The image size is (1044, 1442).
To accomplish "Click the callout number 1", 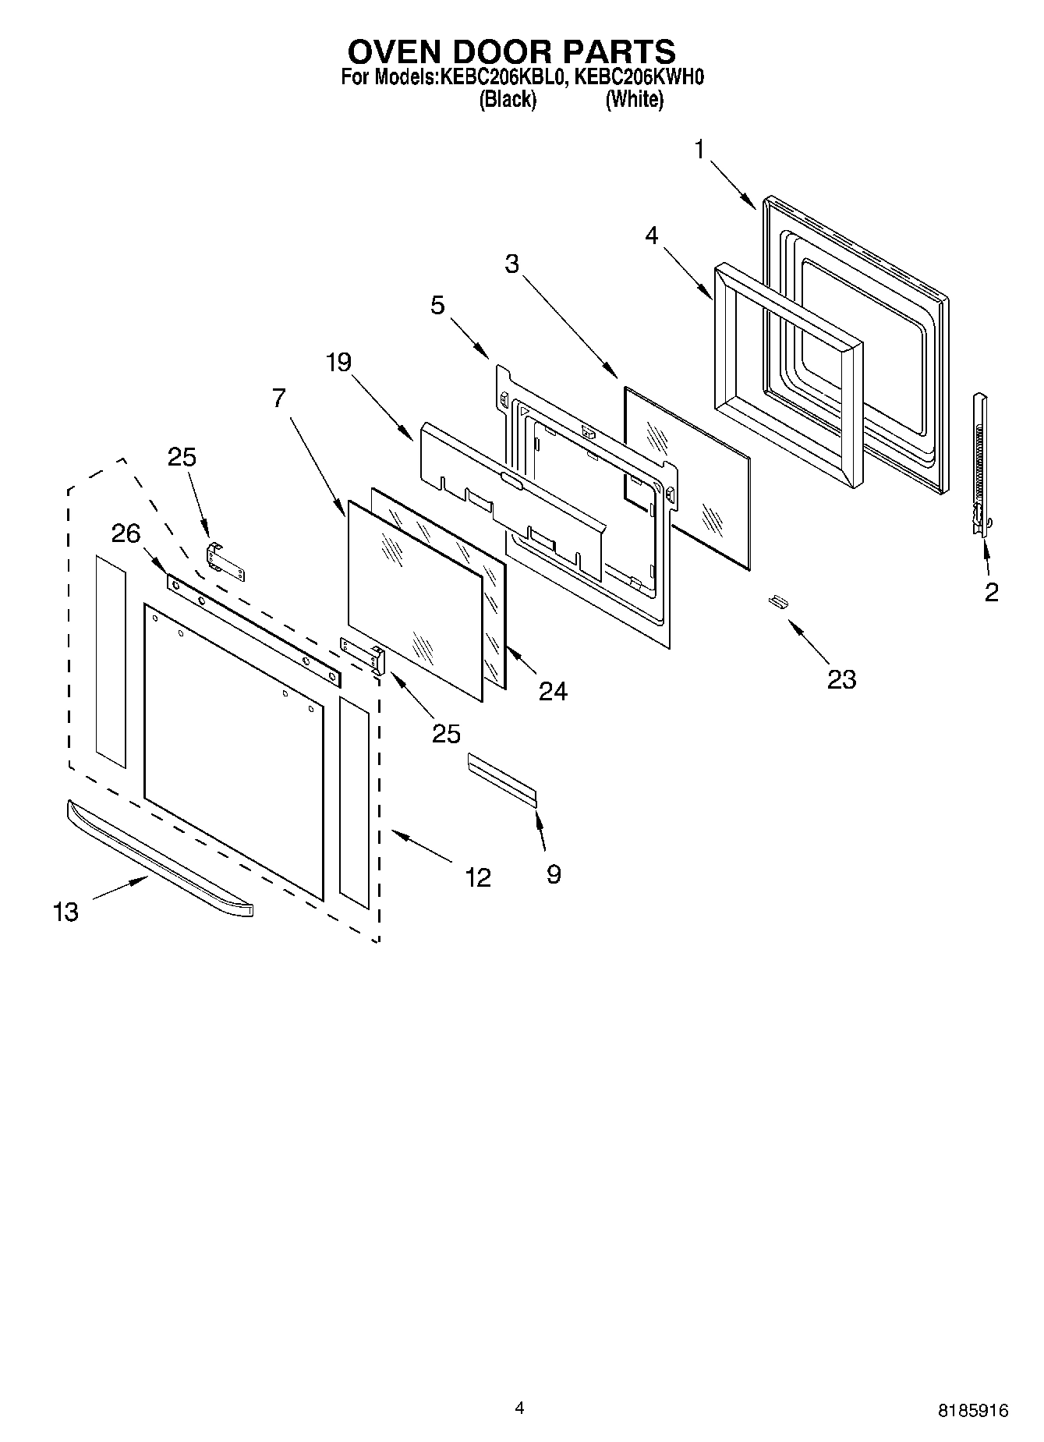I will click(699, 149).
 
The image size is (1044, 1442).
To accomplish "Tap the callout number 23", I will click(841, 679).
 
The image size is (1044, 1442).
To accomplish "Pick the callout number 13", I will click(66, 911).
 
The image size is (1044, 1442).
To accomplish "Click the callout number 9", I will click(553, 874).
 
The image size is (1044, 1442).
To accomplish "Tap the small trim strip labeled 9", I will click(502, 774).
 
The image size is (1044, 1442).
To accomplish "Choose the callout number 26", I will click(126, 533).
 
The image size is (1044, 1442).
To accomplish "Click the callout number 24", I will click(553, 690).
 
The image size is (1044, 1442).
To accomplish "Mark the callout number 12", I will click(477, 877).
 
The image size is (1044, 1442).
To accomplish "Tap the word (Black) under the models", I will click(508, 100).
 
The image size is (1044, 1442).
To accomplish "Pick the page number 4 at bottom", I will click(519, 1407).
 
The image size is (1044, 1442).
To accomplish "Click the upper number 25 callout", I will click(182, 457).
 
